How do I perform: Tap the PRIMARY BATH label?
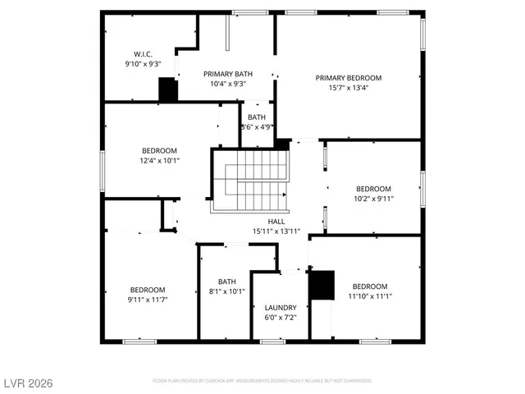click(x=227, y=74)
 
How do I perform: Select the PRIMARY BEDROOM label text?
click(x=349, y=78)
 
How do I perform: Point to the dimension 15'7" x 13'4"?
click(x=349, y=89)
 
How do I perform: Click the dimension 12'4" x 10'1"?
click(x=160, y=161)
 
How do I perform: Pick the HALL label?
click(x=276, y=221)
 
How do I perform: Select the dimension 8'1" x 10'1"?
click(x=227, y=290)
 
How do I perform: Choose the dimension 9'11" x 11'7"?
click(x=148, y=300)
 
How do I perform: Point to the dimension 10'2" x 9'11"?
click(x=373, y=199)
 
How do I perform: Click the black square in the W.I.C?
click(x=168, y=89)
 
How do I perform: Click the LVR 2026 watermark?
click(x=29, y=383)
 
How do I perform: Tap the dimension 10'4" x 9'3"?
click(x=227, y=84)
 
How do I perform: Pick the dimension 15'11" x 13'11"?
click(x=276, y=231)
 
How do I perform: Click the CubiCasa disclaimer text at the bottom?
click(x=262, y=381)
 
